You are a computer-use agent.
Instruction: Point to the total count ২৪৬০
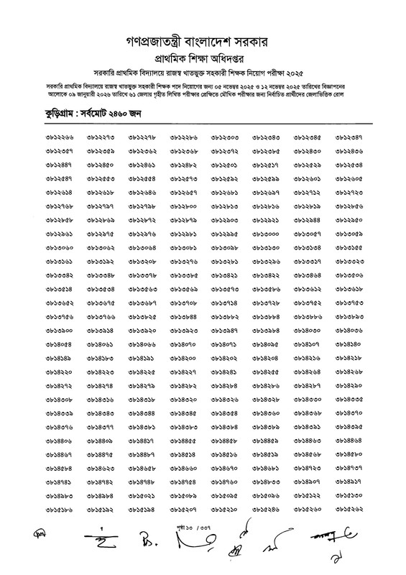coord(120,115)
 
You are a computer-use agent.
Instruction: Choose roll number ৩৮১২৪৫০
coord(101,165)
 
